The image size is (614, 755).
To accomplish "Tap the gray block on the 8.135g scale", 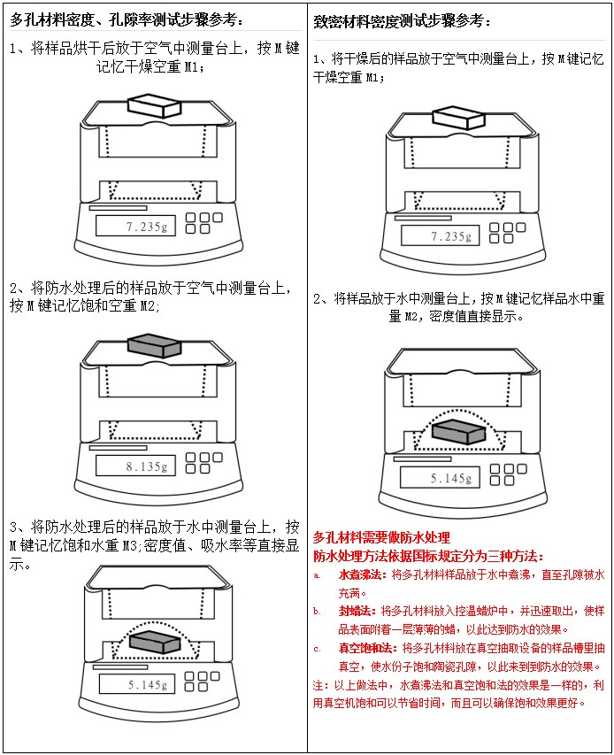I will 152,344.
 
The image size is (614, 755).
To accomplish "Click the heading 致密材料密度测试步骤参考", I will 403,19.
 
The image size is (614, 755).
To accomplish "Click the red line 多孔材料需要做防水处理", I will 381,537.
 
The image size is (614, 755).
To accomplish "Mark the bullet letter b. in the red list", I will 317,611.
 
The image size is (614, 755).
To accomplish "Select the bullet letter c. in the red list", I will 317,648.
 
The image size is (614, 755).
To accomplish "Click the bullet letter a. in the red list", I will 317,575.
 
